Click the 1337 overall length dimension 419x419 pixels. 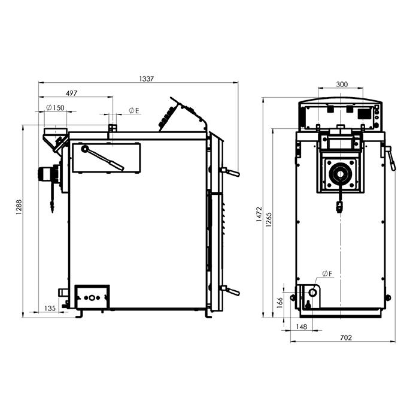(x=147, y=79)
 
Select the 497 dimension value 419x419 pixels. (x=71, y=93)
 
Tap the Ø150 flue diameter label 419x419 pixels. (x=55, y=107)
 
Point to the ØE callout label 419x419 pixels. (x=134, y=110)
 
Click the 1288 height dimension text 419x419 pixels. (x=19, y=207)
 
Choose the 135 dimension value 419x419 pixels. (x=50, y=308)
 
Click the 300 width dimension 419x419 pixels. (x=342, y=85)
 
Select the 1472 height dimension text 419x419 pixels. (x=259, y=214)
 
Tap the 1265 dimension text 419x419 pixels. (x=269, y=220)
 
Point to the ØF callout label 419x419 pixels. (x=327, y=274)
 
